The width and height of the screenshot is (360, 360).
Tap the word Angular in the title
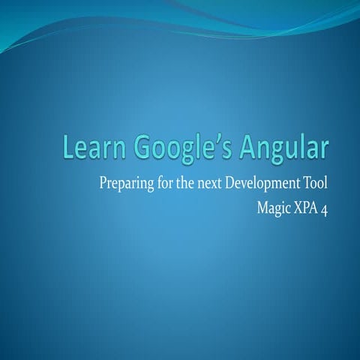pos(284,148)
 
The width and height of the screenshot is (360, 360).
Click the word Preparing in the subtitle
pos(127,182)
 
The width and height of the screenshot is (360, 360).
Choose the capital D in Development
pos(238,181)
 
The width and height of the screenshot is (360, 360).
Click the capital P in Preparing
pos(103,181)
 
